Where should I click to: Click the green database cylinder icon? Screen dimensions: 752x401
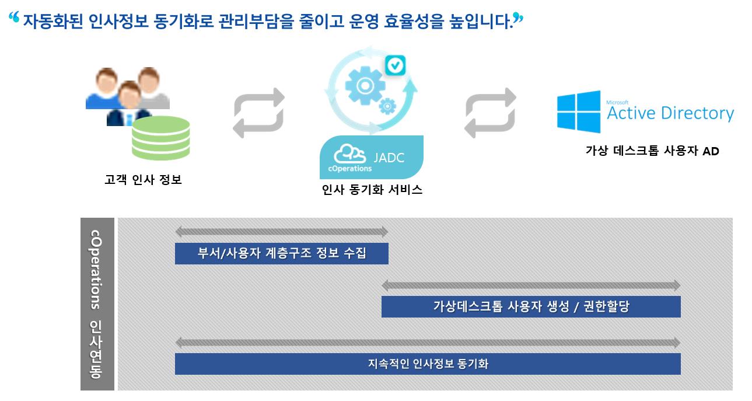(x=161, y=138)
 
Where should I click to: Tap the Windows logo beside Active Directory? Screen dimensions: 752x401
(x=579, y=111)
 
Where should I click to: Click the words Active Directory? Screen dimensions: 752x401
(x=670, y=113)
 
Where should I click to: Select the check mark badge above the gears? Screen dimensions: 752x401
(x=395, y=65)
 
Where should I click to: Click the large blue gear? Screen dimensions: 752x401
(x=365, y=85)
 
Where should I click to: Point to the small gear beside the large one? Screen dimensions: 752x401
(x=387, y=106)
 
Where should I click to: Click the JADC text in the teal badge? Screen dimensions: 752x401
(x=389, y=158)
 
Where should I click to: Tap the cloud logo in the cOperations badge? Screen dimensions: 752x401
(x=349, y=154)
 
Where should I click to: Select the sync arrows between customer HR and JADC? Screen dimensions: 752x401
(x=258, y=113)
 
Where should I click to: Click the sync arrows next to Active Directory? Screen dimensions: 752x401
(x=490, y=113)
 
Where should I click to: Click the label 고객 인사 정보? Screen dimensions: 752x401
(x=144, y=180)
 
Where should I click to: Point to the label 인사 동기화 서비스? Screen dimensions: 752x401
(x=372, y=190)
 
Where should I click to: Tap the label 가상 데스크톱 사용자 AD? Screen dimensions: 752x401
(x=652, y=151)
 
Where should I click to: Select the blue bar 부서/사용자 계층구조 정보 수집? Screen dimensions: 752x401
(x=282, y=253)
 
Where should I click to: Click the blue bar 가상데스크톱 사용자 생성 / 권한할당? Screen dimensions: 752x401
(x=531, y=306)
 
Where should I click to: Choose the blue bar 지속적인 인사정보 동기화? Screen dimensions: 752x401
(x=428, y=364)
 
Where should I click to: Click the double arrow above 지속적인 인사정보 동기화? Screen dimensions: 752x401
(x=428, y=343)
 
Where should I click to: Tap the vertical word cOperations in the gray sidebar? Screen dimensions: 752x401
(x=96, y=269)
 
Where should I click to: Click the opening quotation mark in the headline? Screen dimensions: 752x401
(x=14, y=17)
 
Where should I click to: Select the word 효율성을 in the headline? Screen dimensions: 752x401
(x=414, y=21)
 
